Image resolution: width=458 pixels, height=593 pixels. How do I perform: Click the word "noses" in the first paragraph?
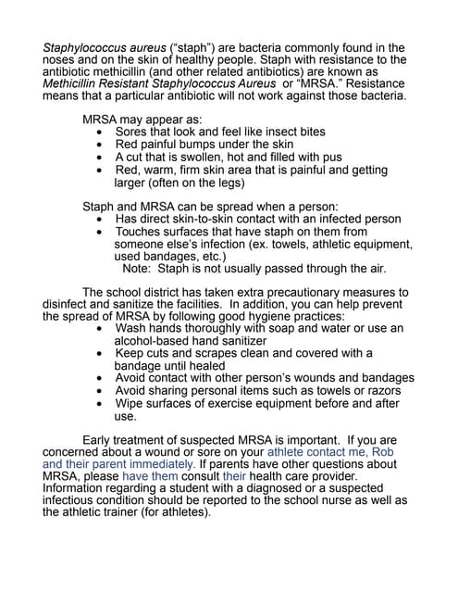tap(61, 60)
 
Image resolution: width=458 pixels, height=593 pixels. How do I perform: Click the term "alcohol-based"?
tap(155, 341)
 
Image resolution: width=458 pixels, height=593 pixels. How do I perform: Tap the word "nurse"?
tap(349, 500)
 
